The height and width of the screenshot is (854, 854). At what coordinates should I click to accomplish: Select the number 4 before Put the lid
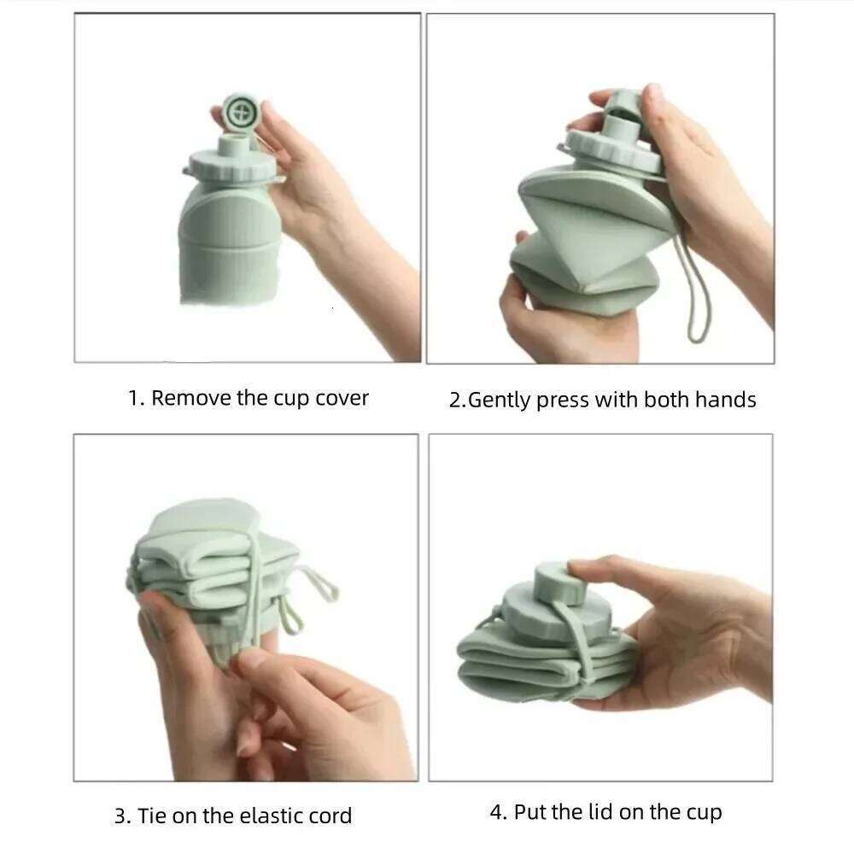click(x=495, y=812)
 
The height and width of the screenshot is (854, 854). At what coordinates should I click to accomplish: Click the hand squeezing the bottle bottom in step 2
click(x=555, y=316)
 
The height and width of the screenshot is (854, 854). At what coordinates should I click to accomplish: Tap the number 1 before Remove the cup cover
click(x=133, y=398)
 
